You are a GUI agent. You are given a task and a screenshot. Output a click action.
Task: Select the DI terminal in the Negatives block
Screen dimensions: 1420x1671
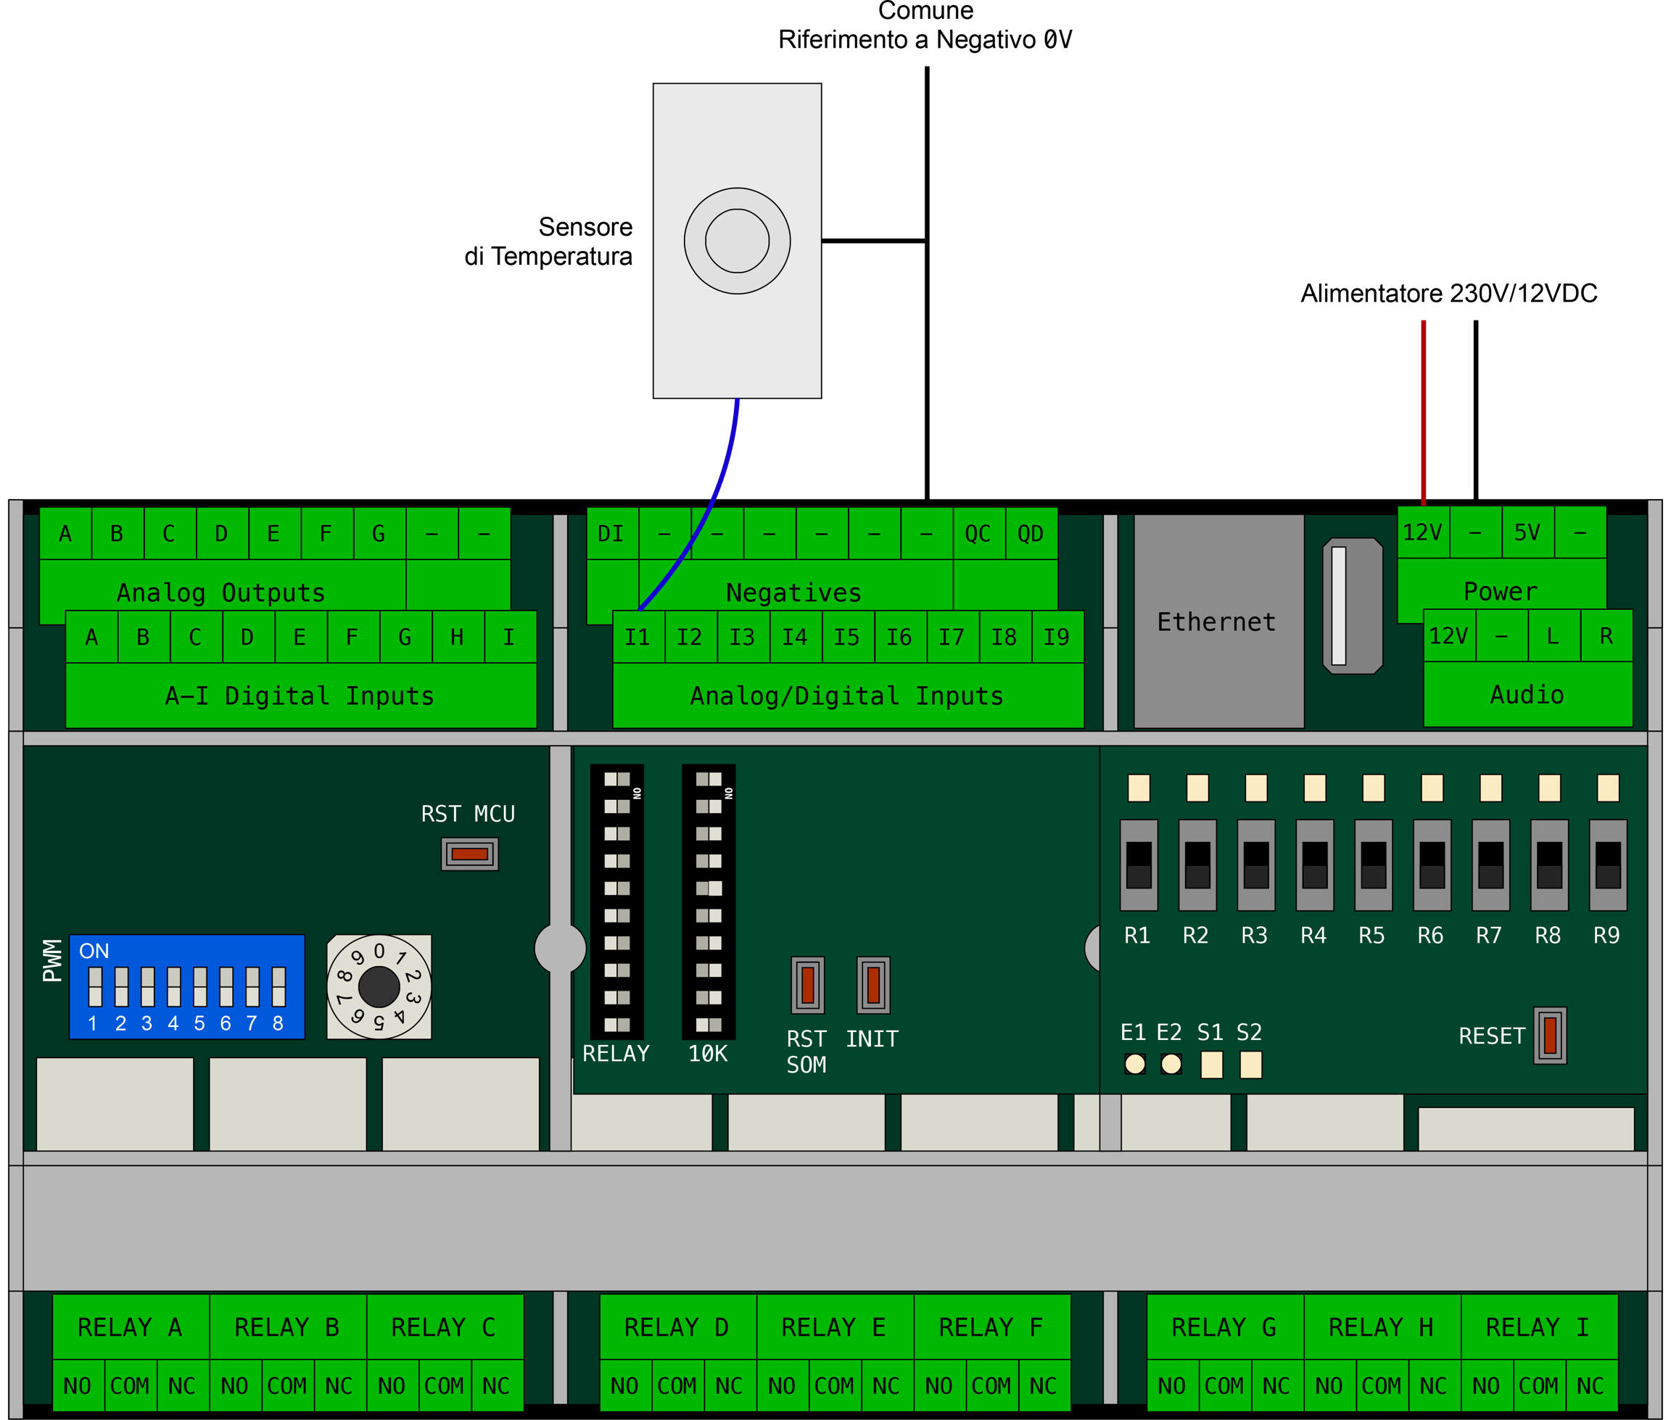(x=611, y=533)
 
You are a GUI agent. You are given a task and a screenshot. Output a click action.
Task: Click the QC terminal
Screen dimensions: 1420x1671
(x=978, y=533)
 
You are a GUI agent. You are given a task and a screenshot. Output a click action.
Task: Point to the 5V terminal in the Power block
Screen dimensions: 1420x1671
(x=1527, y=532)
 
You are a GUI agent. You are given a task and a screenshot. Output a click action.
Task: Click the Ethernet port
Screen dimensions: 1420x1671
(x=1218, y=622)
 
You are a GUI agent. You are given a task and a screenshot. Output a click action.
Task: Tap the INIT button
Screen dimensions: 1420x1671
(x=872, y=985)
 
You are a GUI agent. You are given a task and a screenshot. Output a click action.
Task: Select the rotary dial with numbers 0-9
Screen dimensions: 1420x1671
(x=379, y=986)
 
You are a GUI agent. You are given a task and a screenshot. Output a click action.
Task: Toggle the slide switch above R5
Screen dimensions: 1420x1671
(x=1373, y=864)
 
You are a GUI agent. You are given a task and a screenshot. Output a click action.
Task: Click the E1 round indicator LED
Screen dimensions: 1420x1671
(x=1135, y=1064)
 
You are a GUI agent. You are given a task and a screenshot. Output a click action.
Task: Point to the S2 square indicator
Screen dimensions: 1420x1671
(x=1251, y=1064)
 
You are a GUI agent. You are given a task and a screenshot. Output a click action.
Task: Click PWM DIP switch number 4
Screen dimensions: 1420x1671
(x=174, y=986)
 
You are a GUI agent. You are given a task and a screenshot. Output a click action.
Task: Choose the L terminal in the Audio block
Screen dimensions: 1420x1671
(x=1554, y=636)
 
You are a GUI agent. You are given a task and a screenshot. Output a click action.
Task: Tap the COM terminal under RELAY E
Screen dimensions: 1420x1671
(x=834, y=1385)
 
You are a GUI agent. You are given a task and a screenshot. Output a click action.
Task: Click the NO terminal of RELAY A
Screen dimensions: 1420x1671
(x=78, y=1385)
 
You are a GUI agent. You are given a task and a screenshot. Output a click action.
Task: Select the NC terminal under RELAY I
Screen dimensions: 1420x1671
(x=1590, y=1385)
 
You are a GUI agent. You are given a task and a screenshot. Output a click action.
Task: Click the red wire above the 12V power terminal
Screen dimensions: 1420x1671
(x=1423, y=410)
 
